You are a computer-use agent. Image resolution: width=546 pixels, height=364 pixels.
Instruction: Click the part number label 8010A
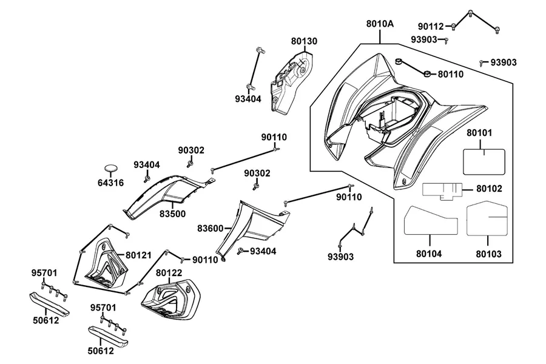[x=380, y=24]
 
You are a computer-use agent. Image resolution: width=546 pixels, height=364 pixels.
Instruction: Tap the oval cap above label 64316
[x=111, y=168]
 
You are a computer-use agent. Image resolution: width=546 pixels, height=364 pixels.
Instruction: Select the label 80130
[x=305, y=41]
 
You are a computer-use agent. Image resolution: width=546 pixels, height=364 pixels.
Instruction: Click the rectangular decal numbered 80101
[x=484, y=161]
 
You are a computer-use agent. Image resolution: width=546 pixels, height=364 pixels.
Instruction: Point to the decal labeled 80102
[x=442, y=191]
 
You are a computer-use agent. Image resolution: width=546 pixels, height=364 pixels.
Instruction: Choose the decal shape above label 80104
[x=430, y=220]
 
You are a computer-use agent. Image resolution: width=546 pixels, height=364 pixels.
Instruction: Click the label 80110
[x=451, y=74]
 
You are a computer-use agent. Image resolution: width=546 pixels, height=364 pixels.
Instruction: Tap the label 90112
[x=431, y=26]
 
